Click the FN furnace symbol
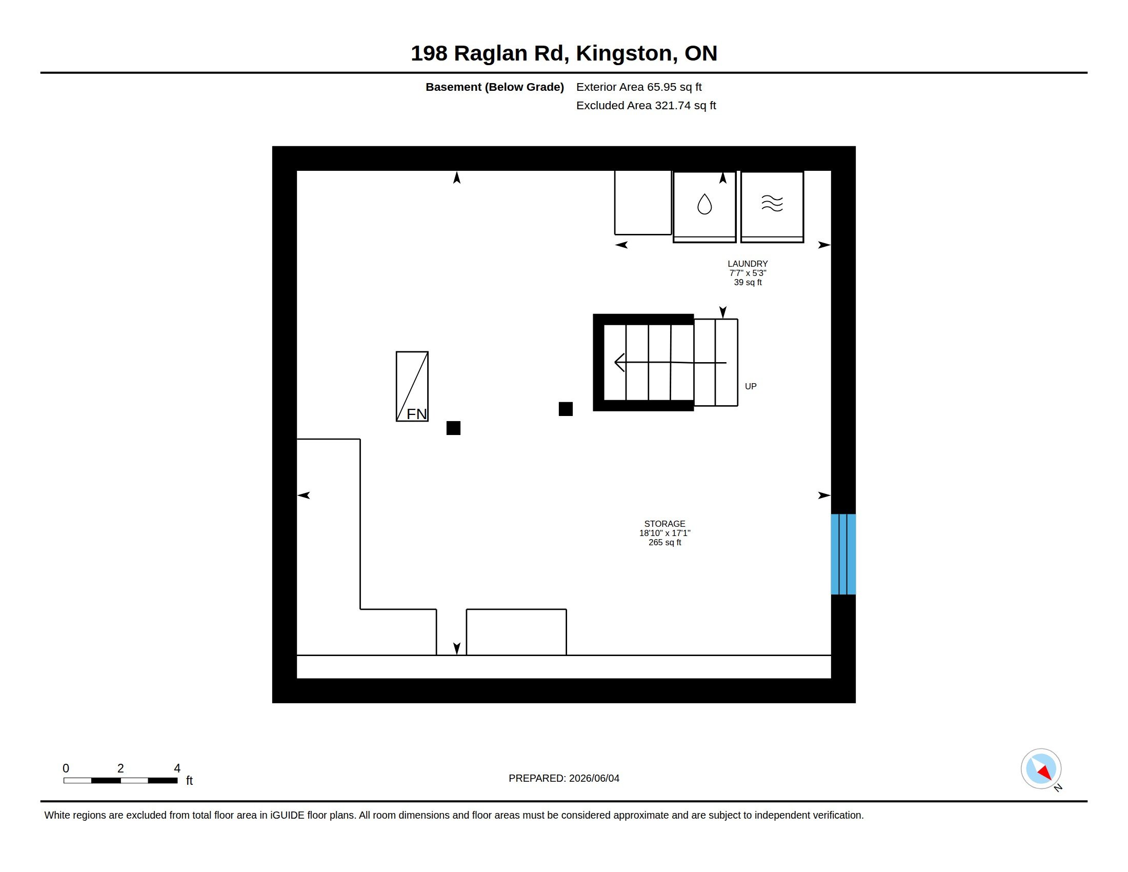click(412, 386)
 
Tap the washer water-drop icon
click(704, 204)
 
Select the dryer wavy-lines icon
click(772, 204)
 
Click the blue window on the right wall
click(843, 554)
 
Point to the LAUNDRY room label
click(748, 264)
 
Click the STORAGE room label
click(664, 524)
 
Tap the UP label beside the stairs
click(751, 386)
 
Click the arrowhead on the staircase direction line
click(619, 363)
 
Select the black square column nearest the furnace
click(453, 428)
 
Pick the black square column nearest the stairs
click(566, 409)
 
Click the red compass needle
click(1045, 772)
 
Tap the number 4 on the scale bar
click(177, 768)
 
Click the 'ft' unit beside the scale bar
click(189, 781)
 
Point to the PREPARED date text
click(564, 778)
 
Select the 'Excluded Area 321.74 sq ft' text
click(646, 105)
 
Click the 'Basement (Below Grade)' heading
click(495, 87)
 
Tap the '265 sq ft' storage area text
click(664, 542)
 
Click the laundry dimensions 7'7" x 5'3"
click(748, 273)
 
